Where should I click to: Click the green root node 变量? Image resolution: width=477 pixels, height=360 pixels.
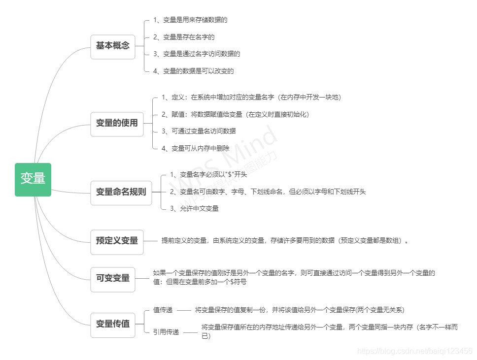pos(33,179)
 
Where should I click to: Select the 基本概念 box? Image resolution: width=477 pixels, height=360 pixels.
pos(112,46)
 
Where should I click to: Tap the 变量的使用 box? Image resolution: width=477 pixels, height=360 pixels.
pos(117,124)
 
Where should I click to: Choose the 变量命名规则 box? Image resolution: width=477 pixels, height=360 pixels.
pos(121,193)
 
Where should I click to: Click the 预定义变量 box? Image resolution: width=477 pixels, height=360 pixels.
pos(117,242)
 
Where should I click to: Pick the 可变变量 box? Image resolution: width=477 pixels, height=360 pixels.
pos(112,279)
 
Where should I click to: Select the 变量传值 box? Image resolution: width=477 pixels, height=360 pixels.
pos(112,325)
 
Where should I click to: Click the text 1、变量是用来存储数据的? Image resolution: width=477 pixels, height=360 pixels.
pos(190,20)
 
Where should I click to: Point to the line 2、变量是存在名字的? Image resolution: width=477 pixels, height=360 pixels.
pos(184,37)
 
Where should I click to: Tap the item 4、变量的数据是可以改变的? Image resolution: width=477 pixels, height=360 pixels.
pos(194,71)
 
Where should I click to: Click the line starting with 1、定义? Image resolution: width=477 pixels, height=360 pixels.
pos(251,98)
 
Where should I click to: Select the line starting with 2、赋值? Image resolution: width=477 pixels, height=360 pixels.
pos(235,114)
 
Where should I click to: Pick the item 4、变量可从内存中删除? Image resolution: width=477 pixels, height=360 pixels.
pos(196,148)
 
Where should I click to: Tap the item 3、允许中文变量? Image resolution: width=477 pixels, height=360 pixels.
pos(194,209)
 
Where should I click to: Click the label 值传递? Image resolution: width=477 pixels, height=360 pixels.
pos(163,310)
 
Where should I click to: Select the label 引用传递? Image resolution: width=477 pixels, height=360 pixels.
pos(166,332)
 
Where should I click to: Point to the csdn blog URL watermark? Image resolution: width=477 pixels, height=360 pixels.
pos(415,351)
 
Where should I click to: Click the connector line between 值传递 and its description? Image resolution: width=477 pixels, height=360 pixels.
pos(183,310)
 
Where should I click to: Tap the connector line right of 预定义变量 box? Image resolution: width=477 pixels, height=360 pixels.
pos(150,241)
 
